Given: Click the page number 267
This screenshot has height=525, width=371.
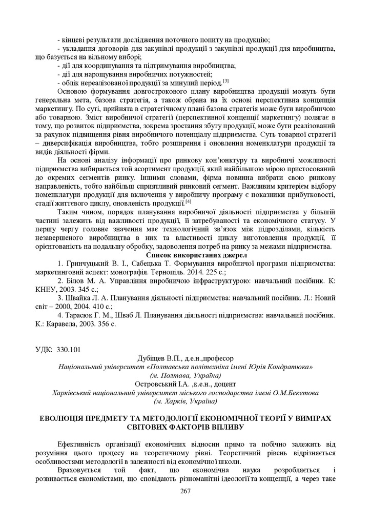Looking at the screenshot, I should click(x=185, y=491).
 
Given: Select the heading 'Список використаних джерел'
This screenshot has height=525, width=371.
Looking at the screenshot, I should click(x=196, y=254).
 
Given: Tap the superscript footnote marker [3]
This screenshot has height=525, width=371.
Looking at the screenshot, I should click(x=225, y=80).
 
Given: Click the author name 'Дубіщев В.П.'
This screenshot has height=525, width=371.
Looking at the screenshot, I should click(x=157, y=358).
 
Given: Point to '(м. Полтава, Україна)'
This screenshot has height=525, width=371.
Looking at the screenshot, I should click(x=185, y=375).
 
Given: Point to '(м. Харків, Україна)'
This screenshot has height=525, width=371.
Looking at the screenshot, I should click(x=185, y=400).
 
